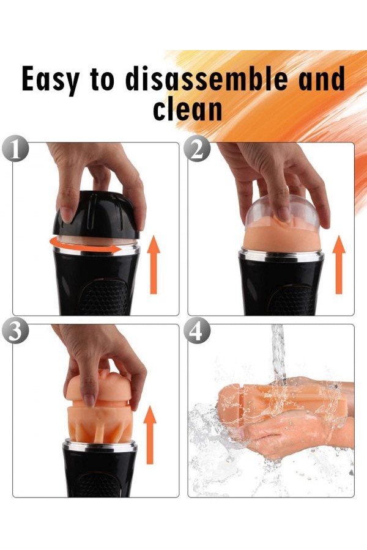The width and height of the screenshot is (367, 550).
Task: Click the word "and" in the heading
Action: click(x=322, y=78)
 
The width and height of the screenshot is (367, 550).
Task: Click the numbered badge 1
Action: click(x=15, y=150)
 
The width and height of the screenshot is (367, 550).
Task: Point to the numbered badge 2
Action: click(x=197, y=150)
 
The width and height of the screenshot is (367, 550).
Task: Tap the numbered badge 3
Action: click(x=15, y=331)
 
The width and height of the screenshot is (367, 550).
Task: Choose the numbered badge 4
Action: click(x=197, y=331)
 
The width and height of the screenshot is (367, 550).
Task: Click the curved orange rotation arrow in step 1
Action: click(x=84, y=250)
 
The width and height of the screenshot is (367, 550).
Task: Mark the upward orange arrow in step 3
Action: click(x=150, y=435)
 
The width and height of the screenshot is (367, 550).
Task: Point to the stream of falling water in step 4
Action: click(x=278, y=354)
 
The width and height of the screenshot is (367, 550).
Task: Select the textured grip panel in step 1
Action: click(x=105, y=297)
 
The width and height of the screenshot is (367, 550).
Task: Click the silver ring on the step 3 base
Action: click(x=100, y=446)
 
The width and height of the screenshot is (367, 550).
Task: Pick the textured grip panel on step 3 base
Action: click(x=98, y=485)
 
